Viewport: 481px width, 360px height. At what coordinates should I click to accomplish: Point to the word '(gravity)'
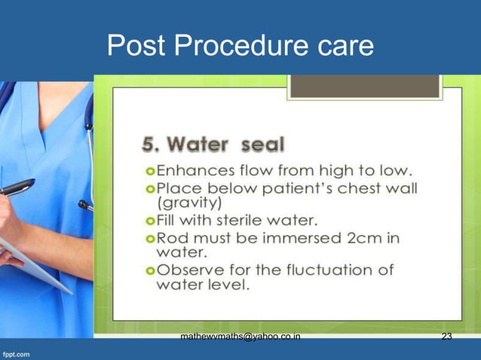click(189, 203)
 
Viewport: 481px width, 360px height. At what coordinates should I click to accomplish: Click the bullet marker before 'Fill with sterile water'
click(149, 221)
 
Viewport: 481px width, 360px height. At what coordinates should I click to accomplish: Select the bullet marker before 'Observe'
click(149, 270)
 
